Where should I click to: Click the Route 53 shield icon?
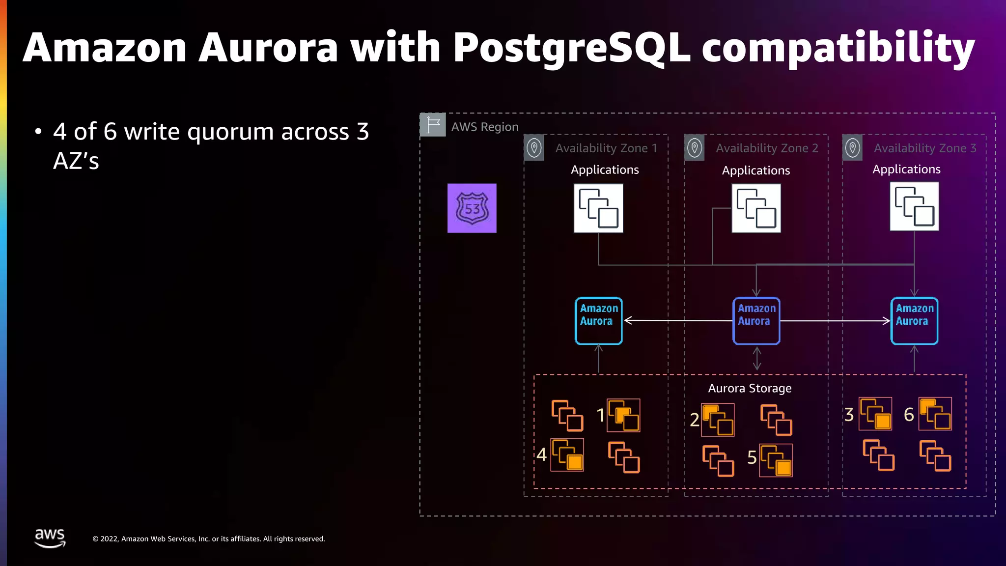(472, 208)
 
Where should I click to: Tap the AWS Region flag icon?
(433, 125)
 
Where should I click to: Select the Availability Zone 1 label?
(606, 148)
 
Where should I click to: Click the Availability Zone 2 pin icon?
(695, 148)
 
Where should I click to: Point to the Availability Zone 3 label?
(925, 148)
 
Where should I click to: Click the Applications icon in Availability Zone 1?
(598, 208)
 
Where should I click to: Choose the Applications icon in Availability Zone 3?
(914, 206)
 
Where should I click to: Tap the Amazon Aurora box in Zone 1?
(598, 321)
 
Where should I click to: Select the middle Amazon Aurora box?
(756, 321)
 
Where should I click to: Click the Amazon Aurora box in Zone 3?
(914, 321)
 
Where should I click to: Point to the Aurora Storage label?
(750, 389)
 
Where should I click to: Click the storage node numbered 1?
(623, 416)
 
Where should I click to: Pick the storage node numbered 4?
(567, 455)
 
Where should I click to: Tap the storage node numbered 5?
(776, 460)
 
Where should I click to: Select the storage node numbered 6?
(935, 414)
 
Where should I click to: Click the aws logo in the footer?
(50, 538)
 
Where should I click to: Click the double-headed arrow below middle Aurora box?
(757, 359)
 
